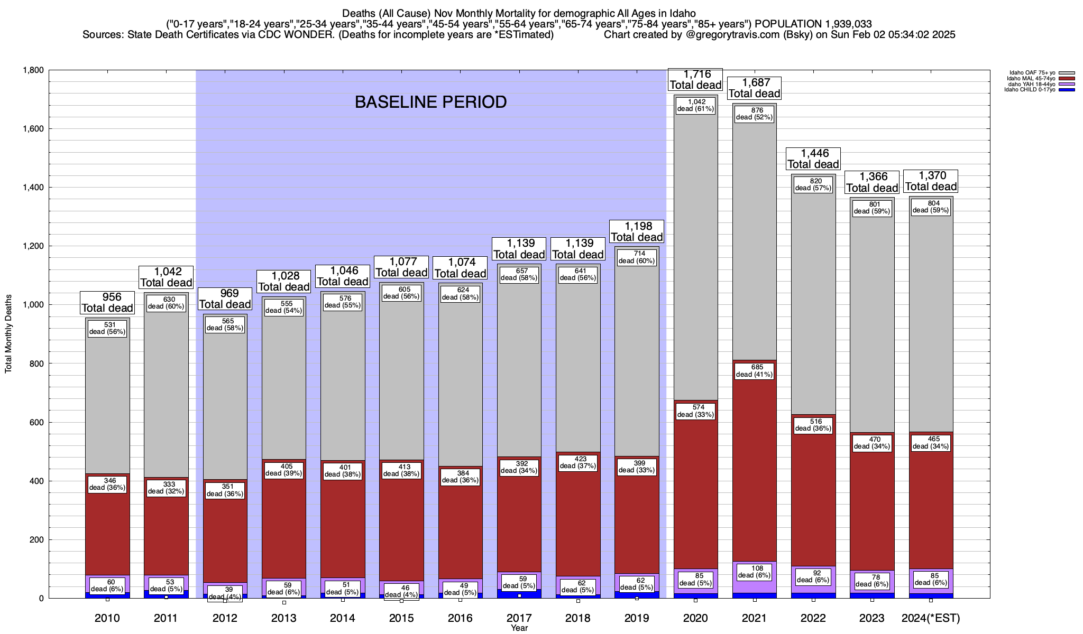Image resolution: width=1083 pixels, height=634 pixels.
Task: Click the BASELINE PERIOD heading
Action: [x=430, y=102]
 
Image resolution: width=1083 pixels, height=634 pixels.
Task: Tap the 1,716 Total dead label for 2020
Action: [x=695, y=80]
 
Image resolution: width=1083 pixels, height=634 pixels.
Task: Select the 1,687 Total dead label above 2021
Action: [x=754, y=88]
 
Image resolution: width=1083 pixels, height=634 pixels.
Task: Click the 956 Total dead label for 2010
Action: [x=107, y=303]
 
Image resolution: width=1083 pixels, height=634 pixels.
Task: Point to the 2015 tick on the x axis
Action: [x=401, y=618]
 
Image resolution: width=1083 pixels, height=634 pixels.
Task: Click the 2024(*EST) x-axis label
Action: [x=931, y=618]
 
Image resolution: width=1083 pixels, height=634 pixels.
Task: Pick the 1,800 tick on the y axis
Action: [x=33, y=70]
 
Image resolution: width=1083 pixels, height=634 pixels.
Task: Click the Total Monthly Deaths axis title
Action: [x=8, y=334]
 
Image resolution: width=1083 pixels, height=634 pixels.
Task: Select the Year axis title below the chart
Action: [x=519, y=628]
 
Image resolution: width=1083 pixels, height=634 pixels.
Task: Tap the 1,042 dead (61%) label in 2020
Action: [x=695, y=105]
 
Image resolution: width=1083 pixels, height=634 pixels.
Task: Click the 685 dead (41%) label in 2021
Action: [x=754, y=370]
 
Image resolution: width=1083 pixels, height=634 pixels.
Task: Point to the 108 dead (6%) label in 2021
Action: [x=754, y=572]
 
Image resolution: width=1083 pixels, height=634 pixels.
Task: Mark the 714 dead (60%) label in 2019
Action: [x=637, y=257]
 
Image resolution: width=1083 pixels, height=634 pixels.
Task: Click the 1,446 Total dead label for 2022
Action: [x=813, y=159]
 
